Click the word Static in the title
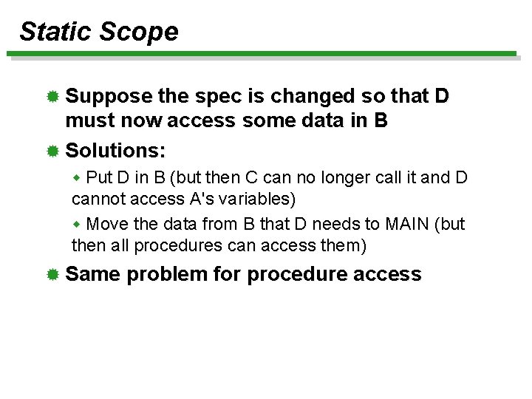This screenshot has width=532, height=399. (55, 32)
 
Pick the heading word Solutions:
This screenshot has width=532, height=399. (116, 151)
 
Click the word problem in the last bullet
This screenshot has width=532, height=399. (167, 275)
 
